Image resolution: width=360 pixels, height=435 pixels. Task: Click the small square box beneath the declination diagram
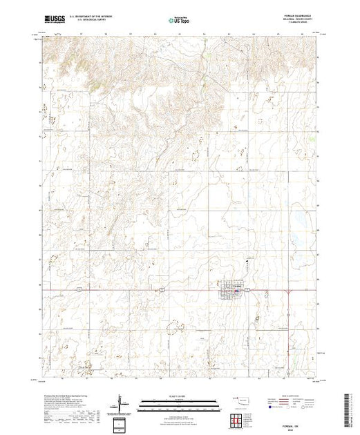click(122, 423)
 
